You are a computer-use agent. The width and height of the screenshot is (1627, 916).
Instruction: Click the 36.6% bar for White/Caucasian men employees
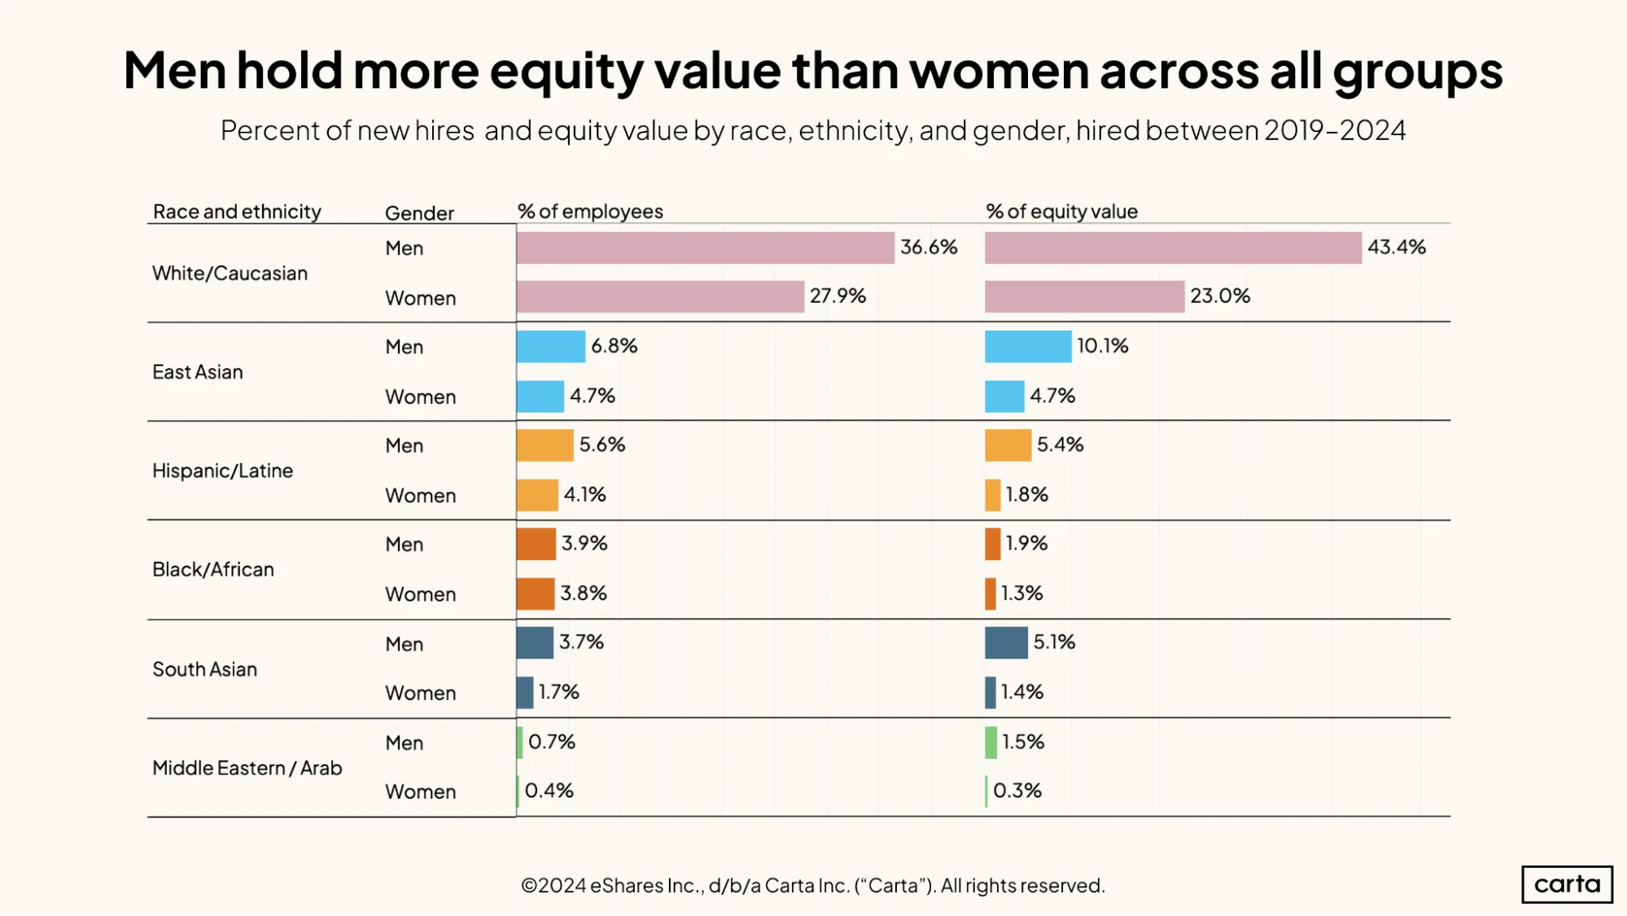pos(705,248)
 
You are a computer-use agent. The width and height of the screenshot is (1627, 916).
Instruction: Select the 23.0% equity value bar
pos(1084,296)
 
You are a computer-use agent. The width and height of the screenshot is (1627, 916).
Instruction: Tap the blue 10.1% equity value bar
pos(1028,346)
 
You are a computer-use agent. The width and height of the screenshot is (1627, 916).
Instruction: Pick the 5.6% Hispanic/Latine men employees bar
pos(545,445)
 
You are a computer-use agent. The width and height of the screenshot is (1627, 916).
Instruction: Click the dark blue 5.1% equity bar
pos(1006,642)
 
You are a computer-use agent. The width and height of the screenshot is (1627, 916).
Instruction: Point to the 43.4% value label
pos(1397,248)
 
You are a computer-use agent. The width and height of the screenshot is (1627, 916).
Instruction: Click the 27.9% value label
pos(838,296)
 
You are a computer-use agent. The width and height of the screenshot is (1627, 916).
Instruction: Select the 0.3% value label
pos(1017,791)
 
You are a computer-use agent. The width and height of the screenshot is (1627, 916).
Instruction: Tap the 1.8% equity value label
pos(1026,494)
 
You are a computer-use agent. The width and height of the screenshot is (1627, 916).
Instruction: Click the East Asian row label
pos(198,372)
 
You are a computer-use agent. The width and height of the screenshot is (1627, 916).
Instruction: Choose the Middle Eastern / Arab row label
pos(247,768)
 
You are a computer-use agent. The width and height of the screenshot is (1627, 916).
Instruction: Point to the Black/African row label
pos(213,569)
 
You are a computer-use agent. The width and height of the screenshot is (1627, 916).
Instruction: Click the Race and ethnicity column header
pos(237,212)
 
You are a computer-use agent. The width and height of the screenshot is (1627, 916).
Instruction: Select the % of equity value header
pos(1061,212)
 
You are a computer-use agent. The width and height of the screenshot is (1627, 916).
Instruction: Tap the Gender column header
pos(419,213)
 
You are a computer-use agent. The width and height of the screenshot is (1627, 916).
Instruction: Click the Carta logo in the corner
pos(1567,884)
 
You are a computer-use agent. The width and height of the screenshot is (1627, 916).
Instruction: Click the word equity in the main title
pos(566,72)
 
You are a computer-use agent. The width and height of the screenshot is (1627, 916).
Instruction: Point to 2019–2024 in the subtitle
pos(1335,130)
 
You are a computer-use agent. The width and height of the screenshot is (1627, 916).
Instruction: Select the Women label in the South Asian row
pos(420,693)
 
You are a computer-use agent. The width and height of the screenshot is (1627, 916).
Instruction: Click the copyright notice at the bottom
pos(813,885)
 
